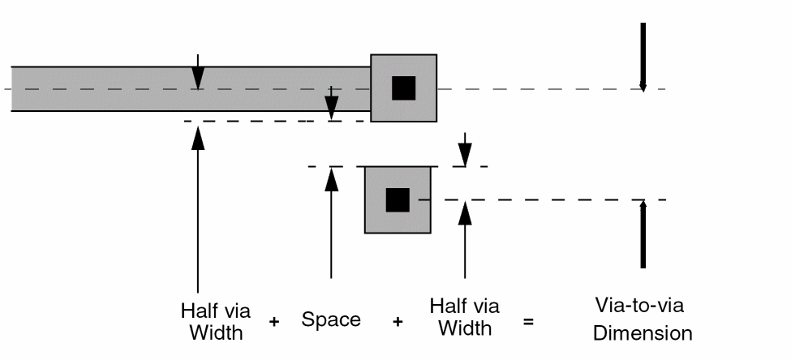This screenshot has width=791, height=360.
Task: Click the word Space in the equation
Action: click(x=331, y=319)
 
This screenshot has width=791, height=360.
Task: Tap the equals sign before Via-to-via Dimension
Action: click(x=528, y=322)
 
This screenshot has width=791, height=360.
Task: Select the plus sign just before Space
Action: click(x=274, y=322)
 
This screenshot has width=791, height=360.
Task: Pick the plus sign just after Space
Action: click(x=398, y=322)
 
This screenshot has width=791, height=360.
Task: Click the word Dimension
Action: click(x=642, y=332)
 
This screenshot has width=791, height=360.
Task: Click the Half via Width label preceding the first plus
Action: click(x=215, y=320)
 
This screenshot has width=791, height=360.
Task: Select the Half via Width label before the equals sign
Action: click(x=464, y=317)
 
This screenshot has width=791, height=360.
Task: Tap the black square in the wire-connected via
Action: click(x=403, y=88)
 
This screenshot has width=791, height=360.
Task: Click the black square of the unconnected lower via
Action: click(x=397, y=199)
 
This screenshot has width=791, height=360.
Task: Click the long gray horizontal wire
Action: click(x=122, y=77)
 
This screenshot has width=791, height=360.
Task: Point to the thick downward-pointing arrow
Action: click(x=643, y=57)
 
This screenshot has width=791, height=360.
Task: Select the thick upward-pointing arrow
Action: click(x=643, y=235)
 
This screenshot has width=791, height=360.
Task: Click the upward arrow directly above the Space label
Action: click(x=331, y=219)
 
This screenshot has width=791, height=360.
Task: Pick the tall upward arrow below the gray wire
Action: click(x=198, y=211)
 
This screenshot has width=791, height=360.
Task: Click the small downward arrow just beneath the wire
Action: click(x=331, y=106)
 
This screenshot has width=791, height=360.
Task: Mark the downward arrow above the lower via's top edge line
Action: click(x=464, y=150)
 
